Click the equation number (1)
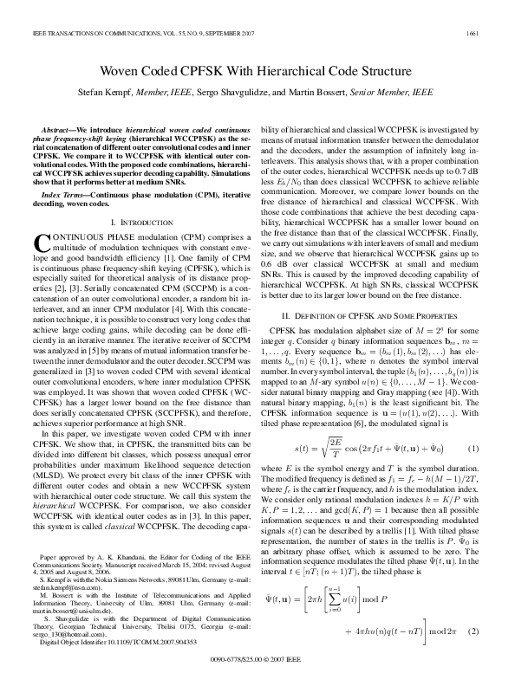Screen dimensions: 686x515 pyautogui.click(x=473, y=449)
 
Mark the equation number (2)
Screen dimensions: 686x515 pyautogui.click(x=473, y=631)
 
